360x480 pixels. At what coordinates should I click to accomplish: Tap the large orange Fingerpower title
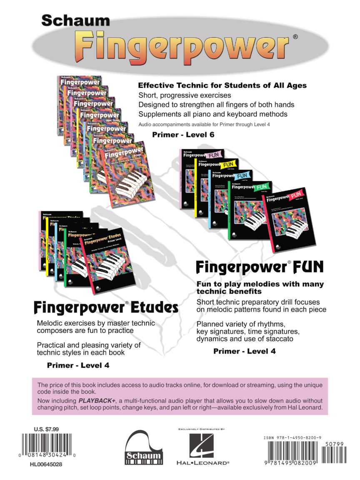point(183,46)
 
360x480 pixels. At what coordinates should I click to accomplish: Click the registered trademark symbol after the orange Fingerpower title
point(295,37)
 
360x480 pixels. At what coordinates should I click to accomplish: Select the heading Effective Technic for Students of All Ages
point(222,85)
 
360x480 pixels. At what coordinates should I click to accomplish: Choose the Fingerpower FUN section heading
point(260,267)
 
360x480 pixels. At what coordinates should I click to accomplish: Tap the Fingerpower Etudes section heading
point(106,308)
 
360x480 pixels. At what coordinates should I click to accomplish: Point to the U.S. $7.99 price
point(46,429)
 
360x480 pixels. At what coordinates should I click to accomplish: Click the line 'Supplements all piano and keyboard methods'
point(213,114)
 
